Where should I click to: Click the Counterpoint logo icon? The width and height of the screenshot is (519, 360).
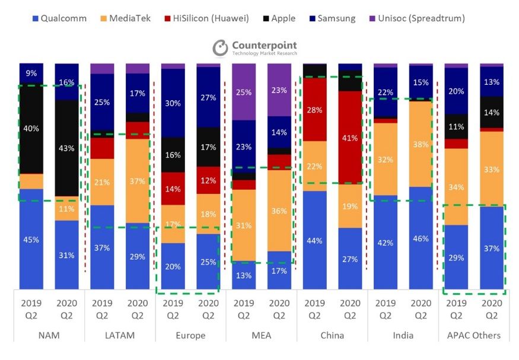coord(221,48)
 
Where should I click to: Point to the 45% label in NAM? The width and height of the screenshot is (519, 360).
coord(31,240)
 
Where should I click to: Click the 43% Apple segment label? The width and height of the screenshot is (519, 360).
coord(66,148)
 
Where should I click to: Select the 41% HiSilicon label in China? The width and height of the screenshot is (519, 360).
coord(350,138)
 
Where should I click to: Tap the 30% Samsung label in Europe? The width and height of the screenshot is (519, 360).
coord(173,103)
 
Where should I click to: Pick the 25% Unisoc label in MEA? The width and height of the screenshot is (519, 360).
coord(243,92)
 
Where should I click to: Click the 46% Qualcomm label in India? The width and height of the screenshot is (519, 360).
coord(421,238)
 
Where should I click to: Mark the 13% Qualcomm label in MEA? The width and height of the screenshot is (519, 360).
coord(243,275)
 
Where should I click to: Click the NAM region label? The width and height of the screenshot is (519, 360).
coord(49,335)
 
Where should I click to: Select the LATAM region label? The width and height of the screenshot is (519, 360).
coord(119,335)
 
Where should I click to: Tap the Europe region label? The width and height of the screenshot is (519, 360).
coord(190,335)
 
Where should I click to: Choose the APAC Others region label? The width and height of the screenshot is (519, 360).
coord(473,335)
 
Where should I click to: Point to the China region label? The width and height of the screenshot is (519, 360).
coord(332,335)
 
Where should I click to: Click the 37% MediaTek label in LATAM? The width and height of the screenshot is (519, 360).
coord(138,181)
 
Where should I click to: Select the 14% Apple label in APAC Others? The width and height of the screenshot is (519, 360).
coord(491,112)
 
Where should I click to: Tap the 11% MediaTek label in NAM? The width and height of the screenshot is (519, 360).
coord(66,209)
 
